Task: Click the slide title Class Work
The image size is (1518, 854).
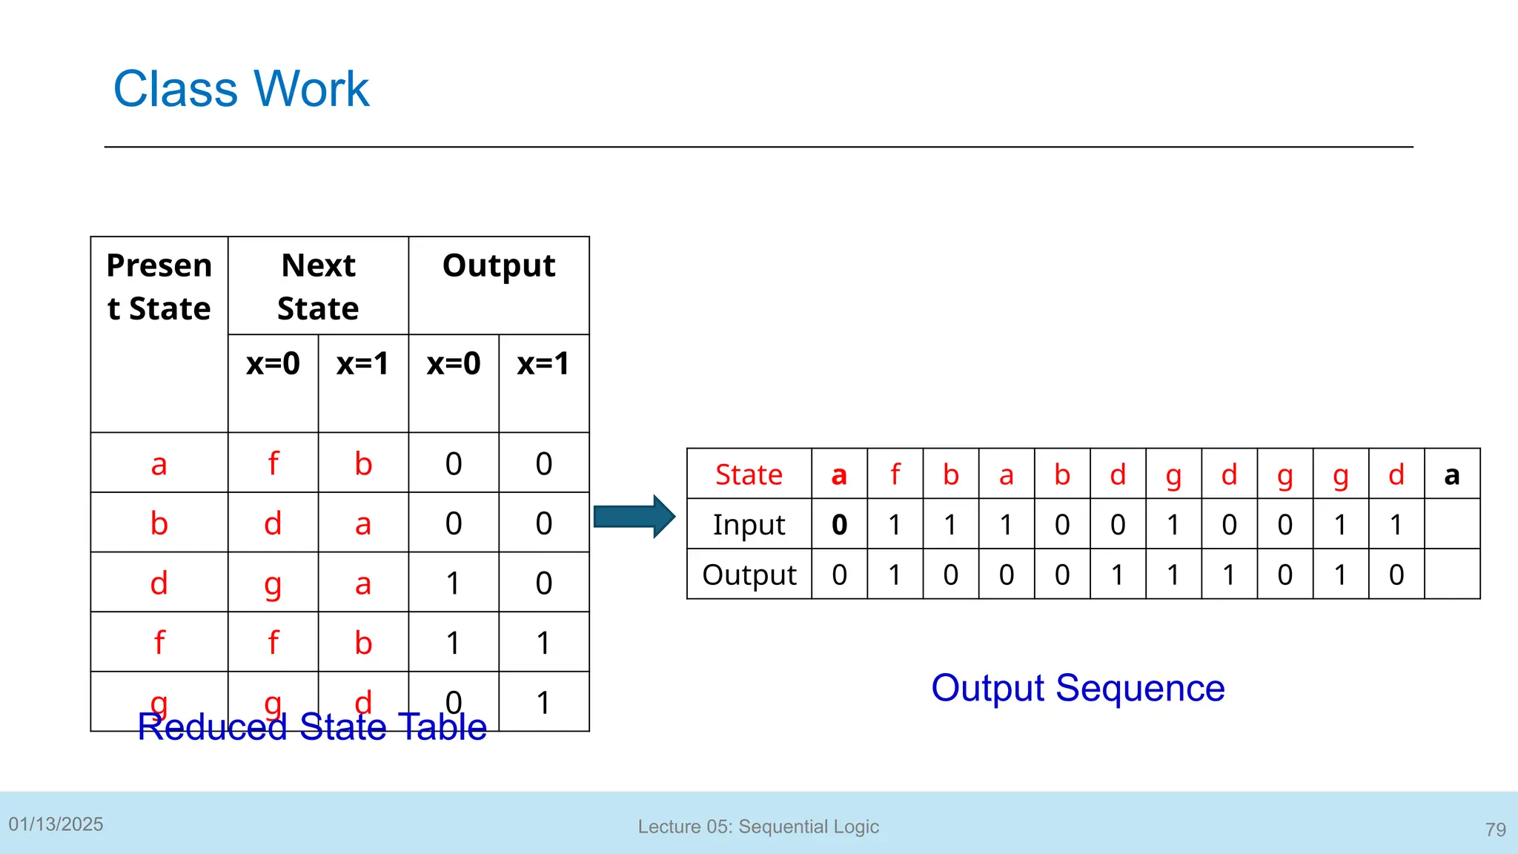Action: pos(241,89)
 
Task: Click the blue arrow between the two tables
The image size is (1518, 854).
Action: pos(634,517)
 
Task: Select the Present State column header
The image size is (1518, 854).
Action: pos(159,287)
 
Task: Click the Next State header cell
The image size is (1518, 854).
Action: pos(318,287)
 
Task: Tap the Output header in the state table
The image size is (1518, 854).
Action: pos(499,266)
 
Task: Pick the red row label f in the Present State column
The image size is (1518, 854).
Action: pos(159,642)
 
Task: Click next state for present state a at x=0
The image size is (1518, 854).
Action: pos(273,464)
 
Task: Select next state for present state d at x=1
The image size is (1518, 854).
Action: pos(362,583)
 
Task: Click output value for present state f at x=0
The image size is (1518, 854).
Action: pos(453,643)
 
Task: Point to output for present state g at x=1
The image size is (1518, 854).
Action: pos(543,702)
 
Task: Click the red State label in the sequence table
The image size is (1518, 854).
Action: pos(749,474)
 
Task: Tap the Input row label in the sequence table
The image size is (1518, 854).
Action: pos(749,525)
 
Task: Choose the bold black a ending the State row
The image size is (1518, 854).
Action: pos(1451,474)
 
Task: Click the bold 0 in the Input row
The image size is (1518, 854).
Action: pos(839,525)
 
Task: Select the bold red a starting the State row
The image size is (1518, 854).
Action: pos(839,474)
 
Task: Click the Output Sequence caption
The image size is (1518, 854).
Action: pos(1078,688)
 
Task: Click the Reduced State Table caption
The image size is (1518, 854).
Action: pos(312,727)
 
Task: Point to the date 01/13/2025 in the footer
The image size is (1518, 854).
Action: pos(56,824)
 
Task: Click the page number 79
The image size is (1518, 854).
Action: pos(1495,829)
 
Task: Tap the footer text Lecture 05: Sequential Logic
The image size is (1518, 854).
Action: pos(758,827)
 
